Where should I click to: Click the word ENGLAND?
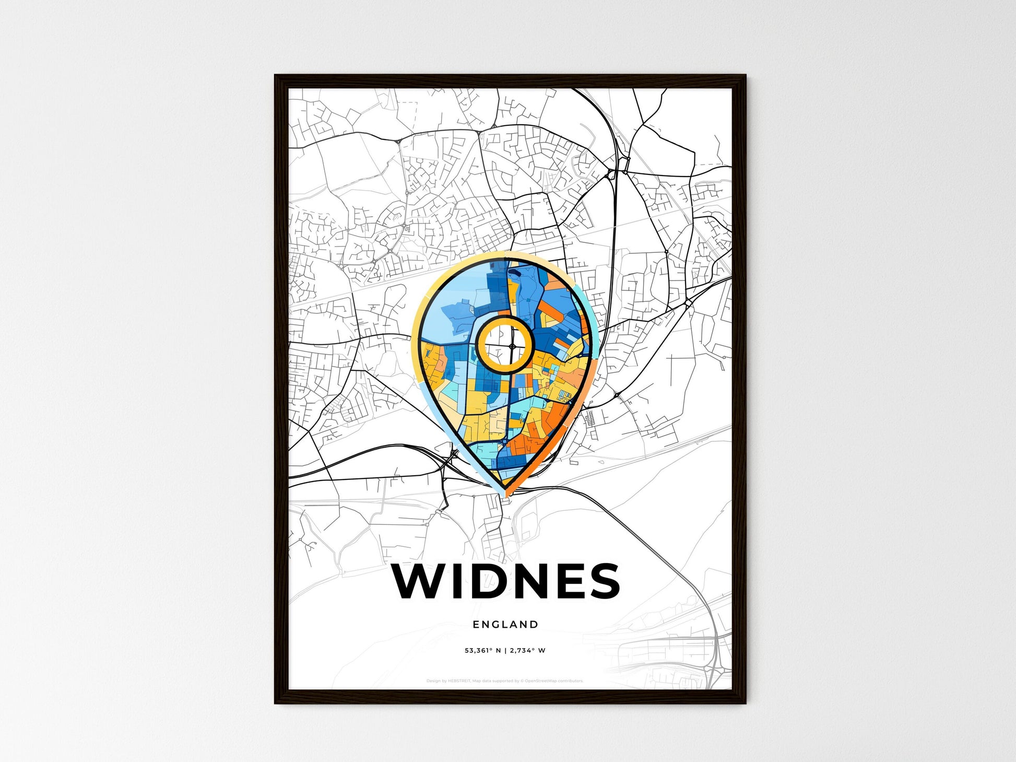[505, 624]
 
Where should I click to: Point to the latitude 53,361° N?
[482, 650]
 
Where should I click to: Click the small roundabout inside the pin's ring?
[512, 346]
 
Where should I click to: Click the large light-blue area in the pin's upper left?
[449, 313]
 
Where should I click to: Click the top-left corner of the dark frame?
[276, 76]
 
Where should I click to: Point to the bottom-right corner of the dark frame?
[745, 702]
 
